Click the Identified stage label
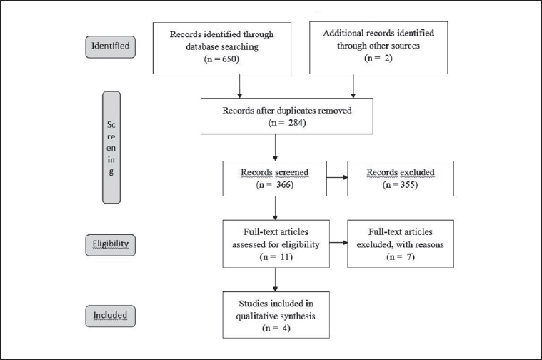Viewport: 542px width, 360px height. pos(110,46)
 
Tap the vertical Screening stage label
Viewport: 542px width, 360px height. pos(111,147)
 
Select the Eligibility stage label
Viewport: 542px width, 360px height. pos(110,245)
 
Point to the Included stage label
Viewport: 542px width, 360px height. pos(110,316)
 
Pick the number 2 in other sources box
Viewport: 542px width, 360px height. pos(388,58)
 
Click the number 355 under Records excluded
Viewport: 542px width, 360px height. pos(408,185)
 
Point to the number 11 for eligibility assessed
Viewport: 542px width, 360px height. pos(285,257)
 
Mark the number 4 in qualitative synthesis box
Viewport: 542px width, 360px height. pos(286,328)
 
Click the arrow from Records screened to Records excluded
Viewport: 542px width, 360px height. pos(337,177)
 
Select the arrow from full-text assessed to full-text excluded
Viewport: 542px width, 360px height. pos(338,243)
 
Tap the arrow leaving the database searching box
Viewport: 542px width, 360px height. pos(239,86)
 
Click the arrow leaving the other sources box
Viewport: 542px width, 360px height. pos(353,86)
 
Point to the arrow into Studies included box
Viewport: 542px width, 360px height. pos(275,279)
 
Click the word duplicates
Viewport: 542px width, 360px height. pos(296,111)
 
